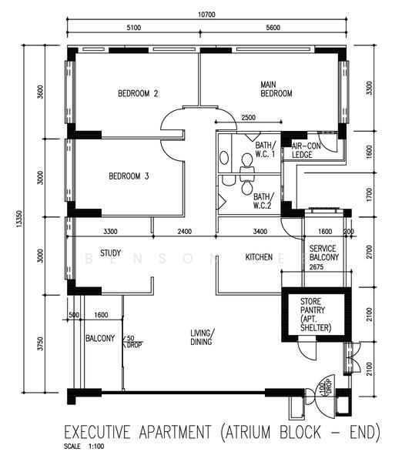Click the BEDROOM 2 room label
pos(138,94)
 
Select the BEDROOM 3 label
pos(129,176)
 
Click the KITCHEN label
pos(259,256)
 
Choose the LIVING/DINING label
pos(203,337)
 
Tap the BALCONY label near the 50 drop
pos(100,338)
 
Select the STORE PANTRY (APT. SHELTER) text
pos(315,315)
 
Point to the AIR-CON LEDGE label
pos(305,150)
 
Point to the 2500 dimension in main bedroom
pos(249,118)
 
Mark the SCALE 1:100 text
pos(85,445)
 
